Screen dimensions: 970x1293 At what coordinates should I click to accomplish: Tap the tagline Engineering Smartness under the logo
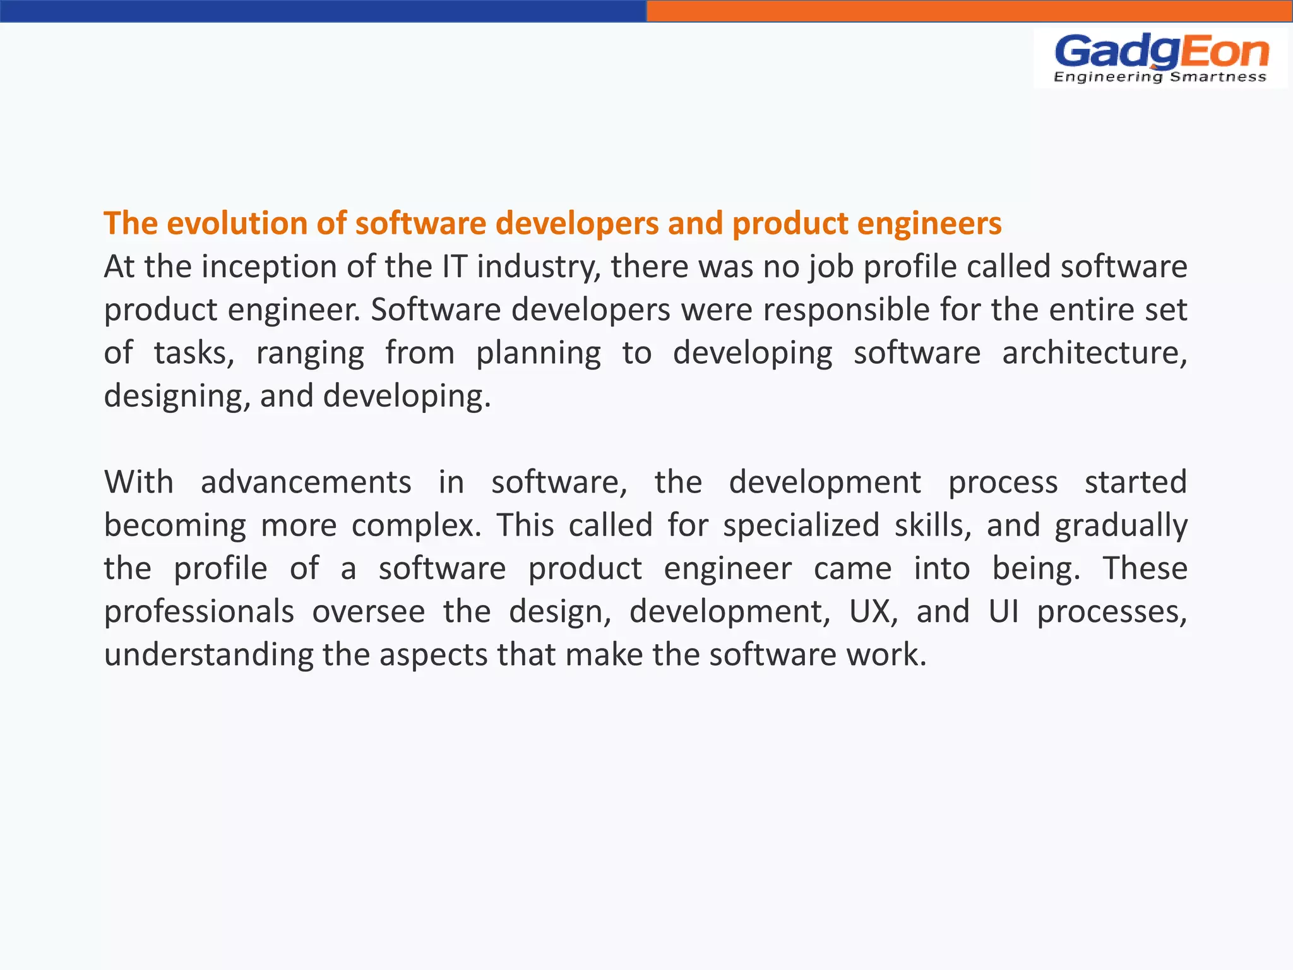[1160, 77]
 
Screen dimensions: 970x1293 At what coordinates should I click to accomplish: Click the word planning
[538, 354]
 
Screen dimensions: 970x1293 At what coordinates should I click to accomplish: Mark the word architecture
[1094, 353]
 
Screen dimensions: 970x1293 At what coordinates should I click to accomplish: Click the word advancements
[306, 482]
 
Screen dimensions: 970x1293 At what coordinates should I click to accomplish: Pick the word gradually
[1121, 525]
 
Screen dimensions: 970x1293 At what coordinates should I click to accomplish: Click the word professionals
[199, 612]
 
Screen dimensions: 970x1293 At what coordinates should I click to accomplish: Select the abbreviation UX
[873, 611]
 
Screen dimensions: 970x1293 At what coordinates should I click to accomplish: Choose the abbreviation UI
[1003, 611]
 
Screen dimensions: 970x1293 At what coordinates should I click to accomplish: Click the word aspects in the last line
[432, 654]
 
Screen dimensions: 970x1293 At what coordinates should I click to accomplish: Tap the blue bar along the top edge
[323, 11]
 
